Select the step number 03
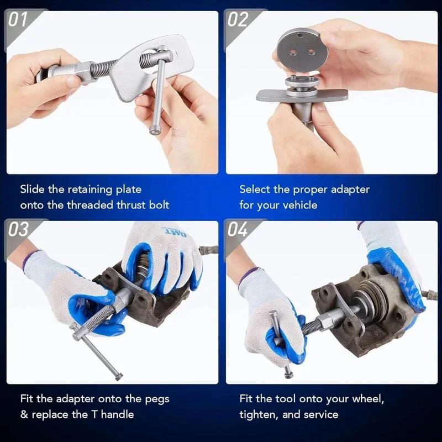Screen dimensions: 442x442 (18, 229)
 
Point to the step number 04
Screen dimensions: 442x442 (238, 229)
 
